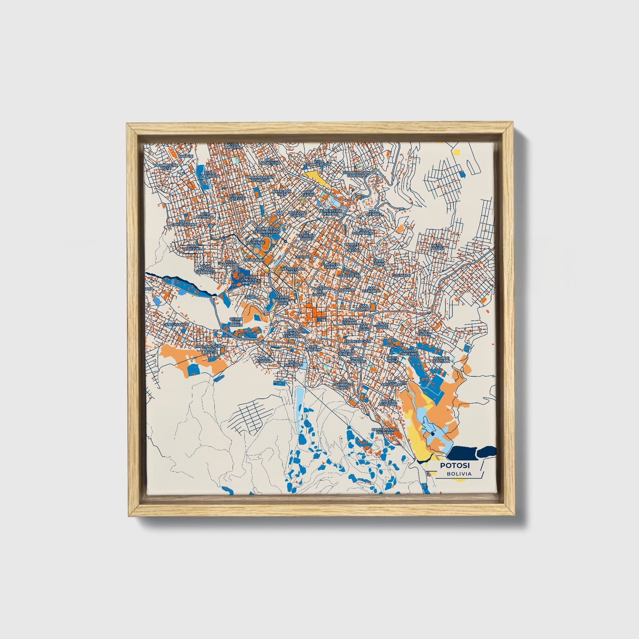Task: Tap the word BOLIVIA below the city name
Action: (x=459, y=474)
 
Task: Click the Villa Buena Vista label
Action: (x=165, y=167)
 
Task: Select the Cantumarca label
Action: (x=176, y=325)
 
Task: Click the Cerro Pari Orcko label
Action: (x=236, y=321)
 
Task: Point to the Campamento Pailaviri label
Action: (x=385, y=432)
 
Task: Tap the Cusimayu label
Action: (x=401, y=275)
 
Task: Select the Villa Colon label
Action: (x=424, y=332)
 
